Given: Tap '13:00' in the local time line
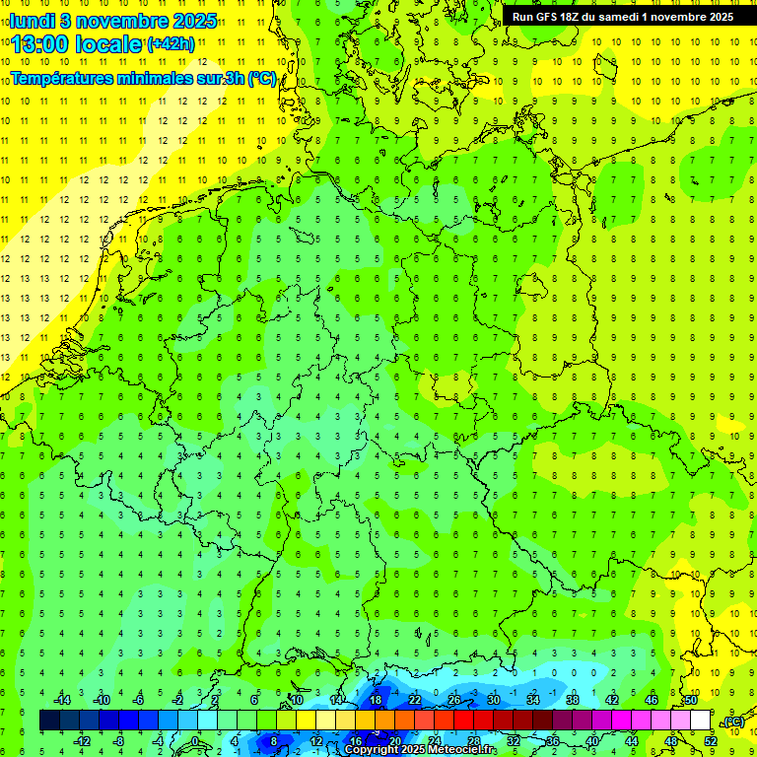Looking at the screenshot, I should (42, 44).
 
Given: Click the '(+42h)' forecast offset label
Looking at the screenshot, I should (171, 44).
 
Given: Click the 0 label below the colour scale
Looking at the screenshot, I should (196, 741).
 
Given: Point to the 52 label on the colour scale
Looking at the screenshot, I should (711, 741).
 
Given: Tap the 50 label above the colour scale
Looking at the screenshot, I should (691, 700).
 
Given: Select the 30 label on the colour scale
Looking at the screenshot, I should (493, 700).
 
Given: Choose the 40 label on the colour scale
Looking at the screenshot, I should (591, 741).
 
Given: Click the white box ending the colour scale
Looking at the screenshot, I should (701, 721).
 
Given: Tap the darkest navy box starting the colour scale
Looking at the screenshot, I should (49, 721).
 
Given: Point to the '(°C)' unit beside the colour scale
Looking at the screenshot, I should (733, 722).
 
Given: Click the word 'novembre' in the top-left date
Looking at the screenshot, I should (126, 21).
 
